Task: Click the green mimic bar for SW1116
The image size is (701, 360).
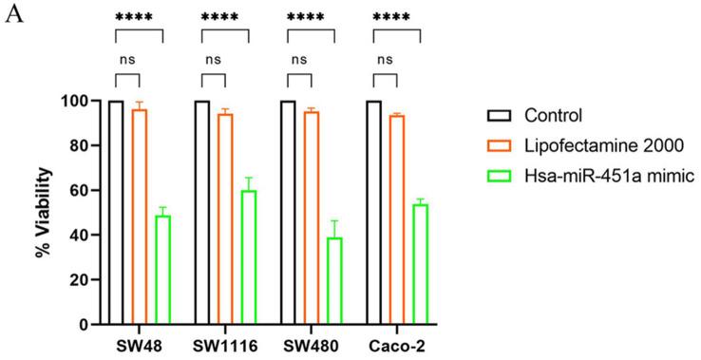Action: pos(248,256)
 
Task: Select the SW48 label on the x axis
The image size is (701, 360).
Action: pos(139,343)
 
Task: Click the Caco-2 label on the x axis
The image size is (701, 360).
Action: pos(397,343)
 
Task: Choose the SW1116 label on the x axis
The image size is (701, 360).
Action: pos(225,343)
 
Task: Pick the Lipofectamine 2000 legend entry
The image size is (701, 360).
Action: pos(589,146)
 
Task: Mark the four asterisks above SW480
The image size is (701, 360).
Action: pos(311,17)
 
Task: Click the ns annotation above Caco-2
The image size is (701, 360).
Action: pos(386,59)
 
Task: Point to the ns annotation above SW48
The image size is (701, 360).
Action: pos(127,59)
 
